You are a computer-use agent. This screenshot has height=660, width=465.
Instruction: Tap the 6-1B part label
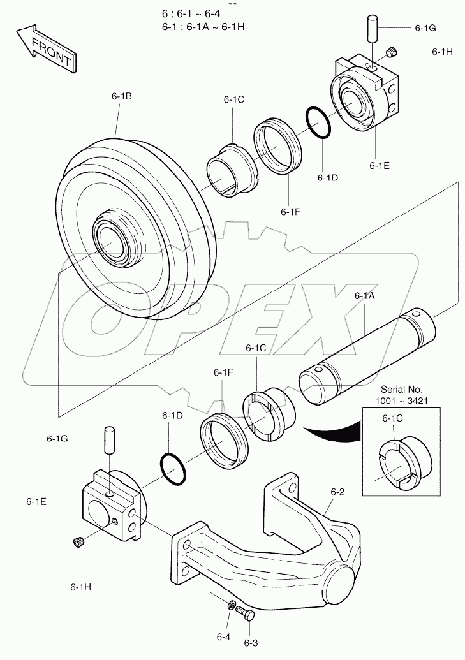[x=121, y=96]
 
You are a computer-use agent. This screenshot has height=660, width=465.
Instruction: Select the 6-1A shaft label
[x=365, y=296]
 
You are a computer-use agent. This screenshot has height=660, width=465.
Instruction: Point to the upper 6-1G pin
[x=374, y=30]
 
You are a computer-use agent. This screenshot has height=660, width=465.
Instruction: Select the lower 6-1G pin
[x=109, y=440]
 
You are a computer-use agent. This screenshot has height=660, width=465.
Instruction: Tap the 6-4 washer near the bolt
[x=232, y=605]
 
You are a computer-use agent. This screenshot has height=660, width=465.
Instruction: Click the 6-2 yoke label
[x=337, y=492]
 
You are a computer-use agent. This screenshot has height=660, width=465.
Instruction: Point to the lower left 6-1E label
[x=36, y=501]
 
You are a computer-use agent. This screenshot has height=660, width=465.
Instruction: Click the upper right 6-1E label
[x=379, y=165]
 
